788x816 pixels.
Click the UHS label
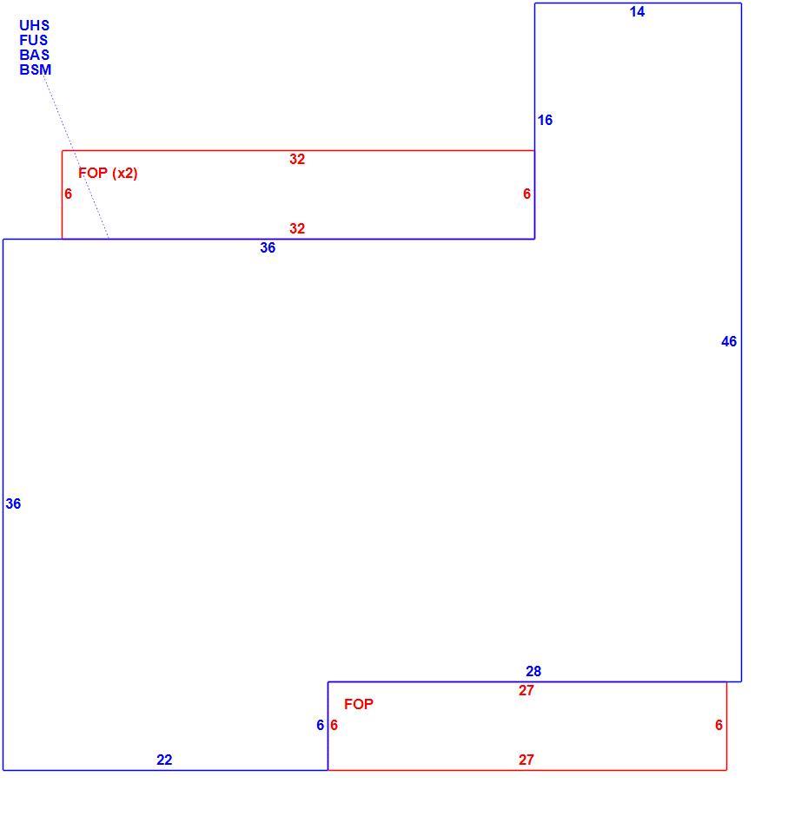tap(35, 25)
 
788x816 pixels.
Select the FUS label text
tap(33, 40)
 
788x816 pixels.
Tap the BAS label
tap(35, 55)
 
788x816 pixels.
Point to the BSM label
tap(36, 69)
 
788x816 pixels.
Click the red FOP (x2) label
tap(108, 173)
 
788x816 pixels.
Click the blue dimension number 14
tap(637, 11)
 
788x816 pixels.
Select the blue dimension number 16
tap(545, 120)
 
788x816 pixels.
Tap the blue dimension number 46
tap(729, 341)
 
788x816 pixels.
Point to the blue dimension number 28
tap(533, 671)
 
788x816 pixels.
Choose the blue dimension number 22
tap(164, 760)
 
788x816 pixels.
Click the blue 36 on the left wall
tap(13, 503)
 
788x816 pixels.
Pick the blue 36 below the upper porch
tap(268, 247)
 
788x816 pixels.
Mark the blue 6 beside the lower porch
tap(321, 725)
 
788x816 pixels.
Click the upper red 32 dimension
tap(297, 159)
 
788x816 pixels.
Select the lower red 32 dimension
tap(297, 228)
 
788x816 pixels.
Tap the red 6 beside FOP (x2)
tap(69, 194)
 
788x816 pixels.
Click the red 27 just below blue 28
tap(526, 691)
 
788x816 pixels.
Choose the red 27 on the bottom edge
tap(526, 760)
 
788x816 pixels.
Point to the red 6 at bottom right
tap(718, 725)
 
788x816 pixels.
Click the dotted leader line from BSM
tap(76, 157)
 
